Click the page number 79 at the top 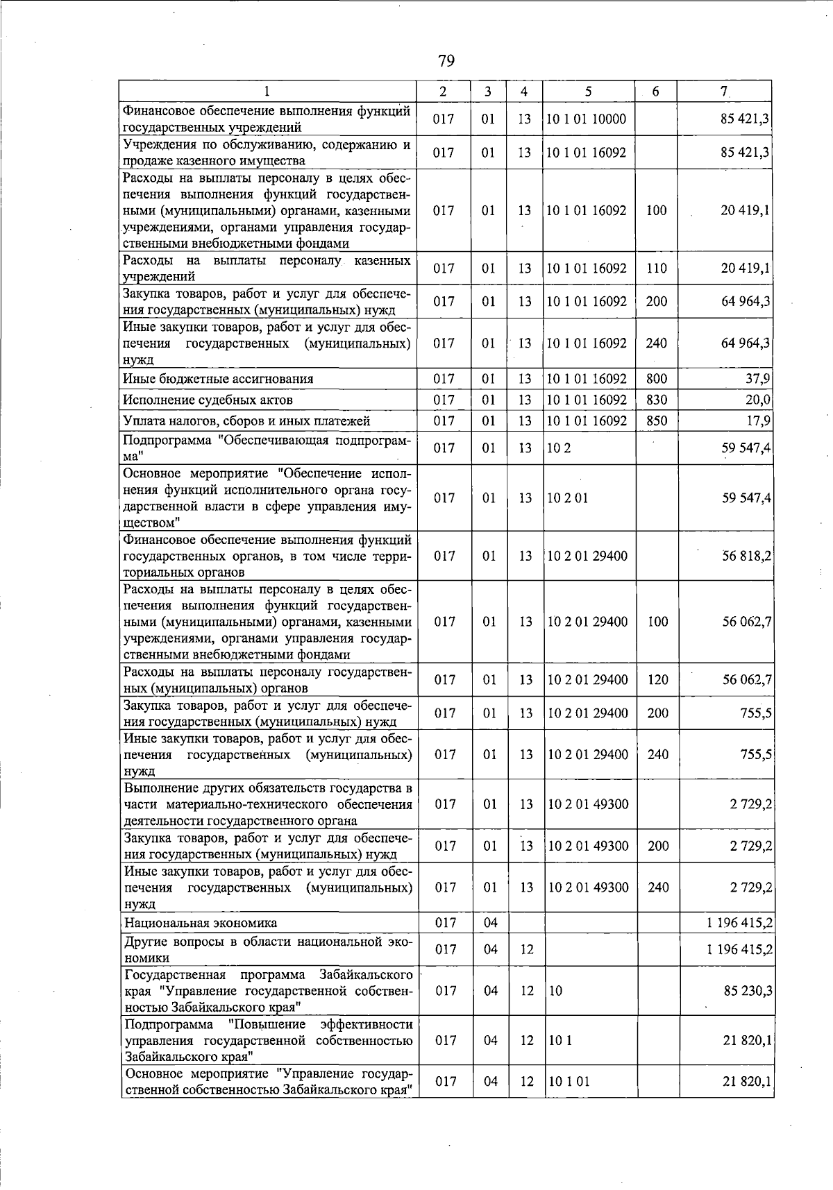tap(446, 62)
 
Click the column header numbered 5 tap(588, 91)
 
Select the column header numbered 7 tap(723, 91)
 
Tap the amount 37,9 tap(758, 379)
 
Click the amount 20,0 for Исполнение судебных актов tap(758, 400)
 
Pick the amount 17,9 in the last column tap(758, 420)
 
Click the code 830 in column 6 tap(656, 400)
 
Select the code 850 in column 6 tap(656, 420)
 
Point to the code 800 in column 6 tap(656, 379)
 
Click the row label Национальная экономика tap(201, 922)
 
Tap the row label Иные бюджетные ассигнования tap(218, 379)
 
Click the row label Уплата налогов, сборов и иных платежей tap(246, 420)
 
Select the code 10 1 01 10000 tap(587, 119)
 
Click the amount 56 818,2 tap(747, 556)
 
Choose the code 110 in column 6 tap(656, 268)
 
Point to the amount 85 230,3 tap(748, 990)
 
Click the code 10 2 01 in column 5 tap(568, 498)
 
